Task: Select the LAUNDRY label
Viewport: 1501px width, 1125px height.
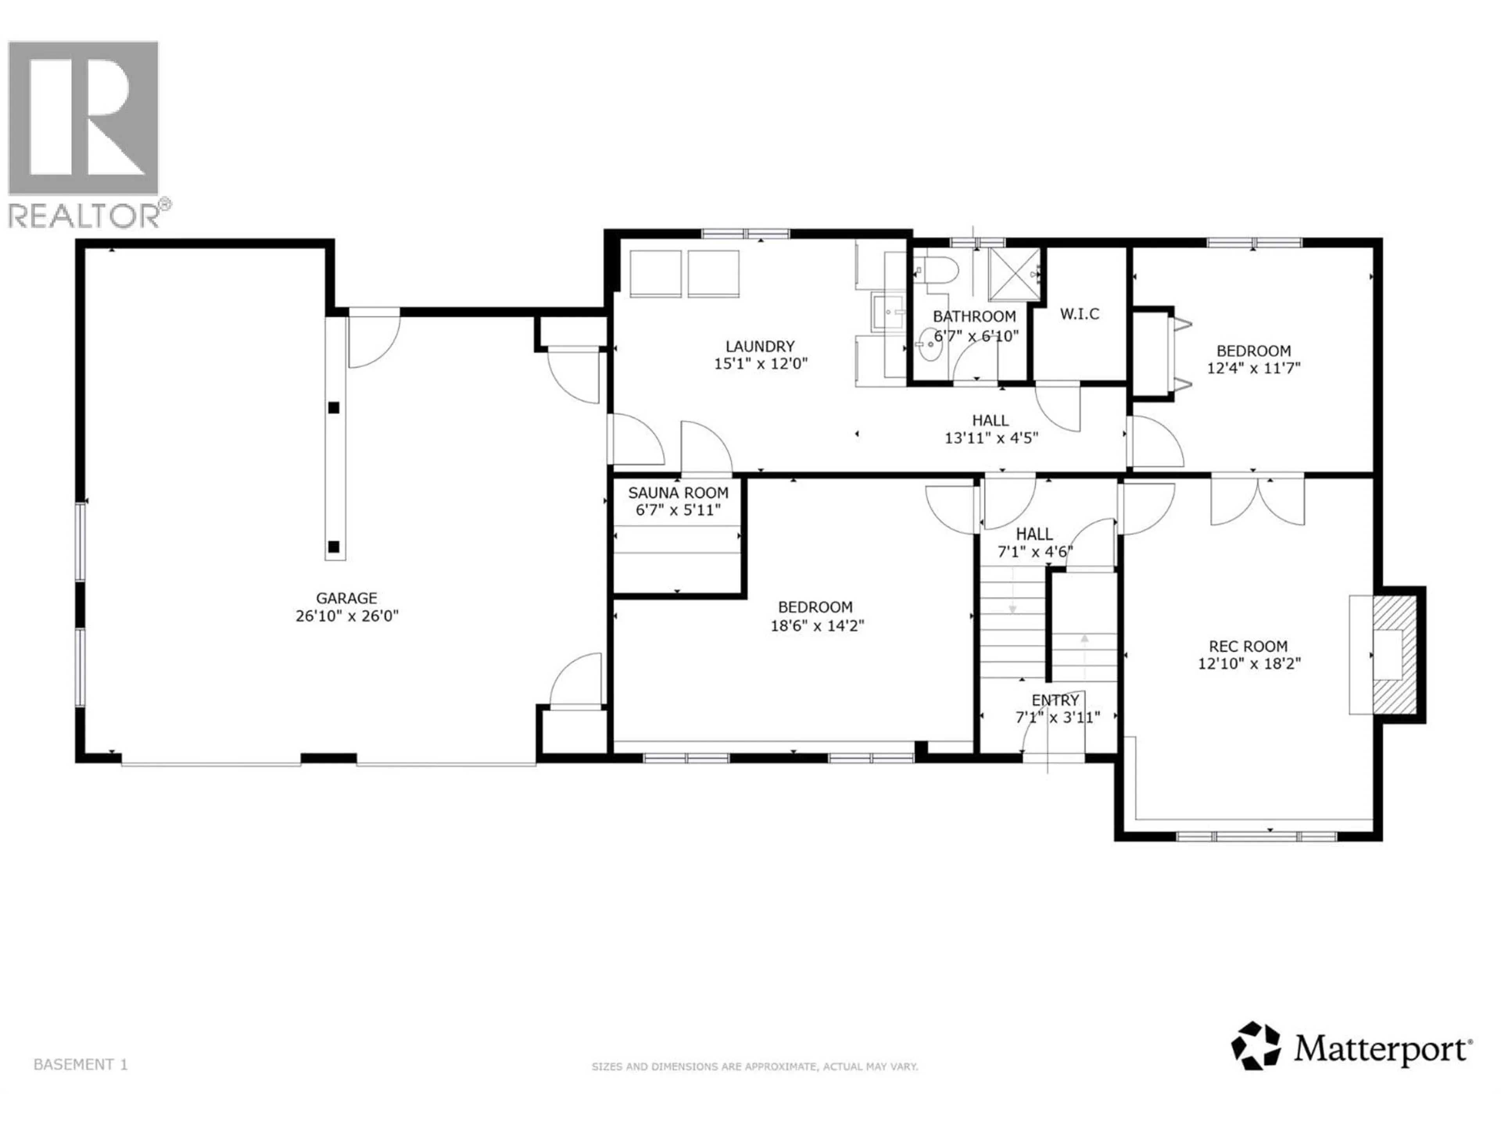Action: tap(760, 346)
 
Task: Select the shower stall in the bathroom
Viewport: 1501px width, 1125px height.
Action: tap(1013, 274)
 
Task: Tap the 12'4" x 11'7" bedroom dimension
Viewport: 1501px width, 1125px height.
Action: tap(1253, 369)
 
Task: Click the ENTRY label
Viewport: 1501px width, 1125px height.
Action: tap(1055, 700)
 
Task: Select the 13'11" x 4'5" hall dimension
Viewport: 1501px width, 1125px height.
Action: tap(991, 438)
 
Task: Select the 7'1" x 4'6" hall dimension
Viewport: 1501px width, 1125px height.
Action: tap(1034, 552)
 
